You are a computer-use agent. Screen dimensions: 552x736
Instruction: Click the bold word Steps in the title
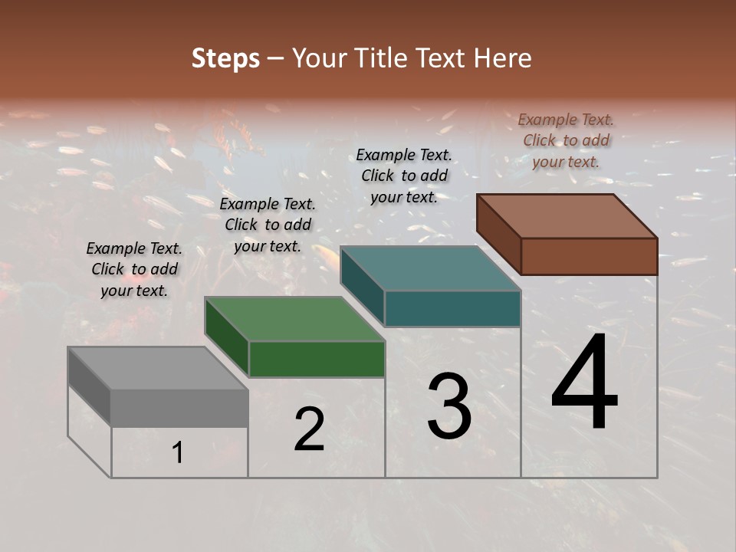[225, 58]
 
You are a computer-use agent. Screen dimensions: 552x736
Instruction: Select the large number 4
[584, 383]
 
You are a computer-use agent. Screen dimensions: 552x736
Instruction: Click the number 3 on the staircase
[449, 406]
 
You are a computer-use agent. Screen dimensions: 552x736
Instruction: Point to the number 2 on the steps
[309, 430]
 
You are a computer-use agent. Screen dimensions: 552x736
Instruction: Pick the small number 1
[178, 453]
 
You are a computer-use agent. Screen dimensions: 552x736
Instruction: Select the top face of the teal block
[430, 268]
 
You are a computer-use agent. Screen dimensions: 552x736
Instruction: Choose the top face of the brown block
[567, 216]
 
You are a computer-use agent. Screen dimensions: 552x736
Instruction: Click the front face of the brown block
[589, 256]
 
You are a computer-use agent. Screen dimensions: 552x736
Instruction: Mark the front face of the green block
[317, 359]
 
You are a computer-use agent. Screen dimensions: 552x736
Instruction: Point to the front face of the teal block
[452, 308]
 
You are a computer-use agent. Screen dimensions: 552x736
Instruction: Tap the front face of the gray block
[179, 408]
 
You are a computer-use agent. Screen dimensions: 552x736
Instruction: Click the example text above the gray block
[134, 269]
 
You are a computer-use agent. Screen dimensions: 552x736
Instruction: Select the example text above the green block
[268, 225]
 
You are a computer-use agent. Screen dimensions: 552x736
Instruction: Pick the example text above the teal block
[404, 176]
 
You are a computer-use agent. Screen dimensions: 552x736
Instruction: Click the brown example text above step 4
[566, 140]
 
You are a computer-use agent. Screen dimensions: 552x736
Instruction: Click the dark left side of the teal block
[362, 285]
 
